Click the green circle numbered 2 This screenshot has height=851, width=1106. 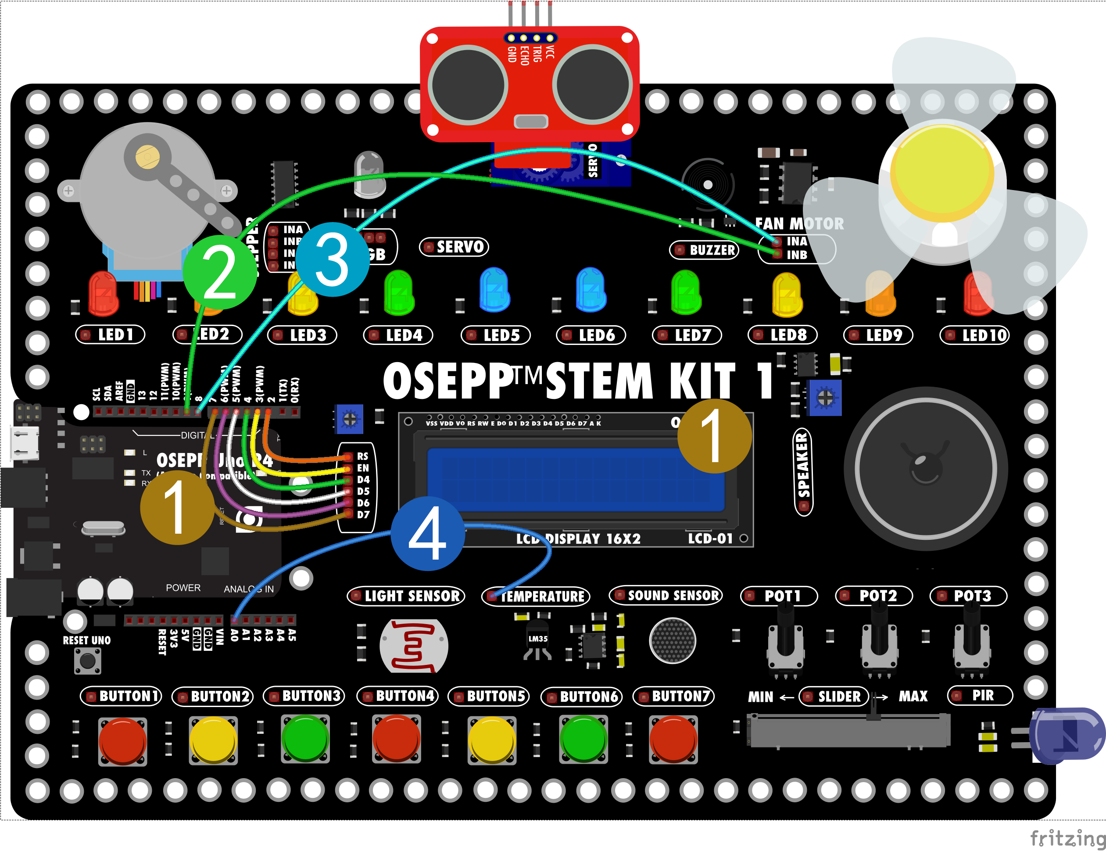[x=220, y=273]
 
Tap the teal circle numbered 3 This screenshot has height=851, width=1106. [x=332, y=259]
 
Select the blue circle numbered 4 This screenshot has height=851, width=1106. [x=427, y=533]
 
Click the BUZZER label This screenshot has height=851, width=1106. [x=705, y=250]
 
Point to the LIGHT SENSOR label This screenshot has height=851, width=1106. [x=406, y=596]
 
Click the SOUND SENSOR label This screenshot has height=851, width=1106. [x=666, y=595]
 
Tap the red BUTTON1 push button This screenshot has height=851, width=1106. [x=122, y=740]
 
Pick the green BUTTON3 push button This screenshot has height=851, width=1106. [x=305, y=739]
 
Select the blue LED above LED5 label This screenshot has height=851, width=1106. [x=494, y=290]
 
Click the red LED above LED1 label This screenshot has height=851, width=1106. [x=103, y=294]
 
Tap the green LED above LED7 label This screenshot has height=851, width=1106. [x=686, y=292]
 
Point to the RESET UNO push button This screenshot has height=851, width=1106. [x=88, y=661]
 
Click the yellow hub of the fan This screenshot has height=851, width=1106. [x=942, y=172]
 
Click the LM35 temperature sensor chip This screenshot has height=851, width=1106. [x=538, y=641]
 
